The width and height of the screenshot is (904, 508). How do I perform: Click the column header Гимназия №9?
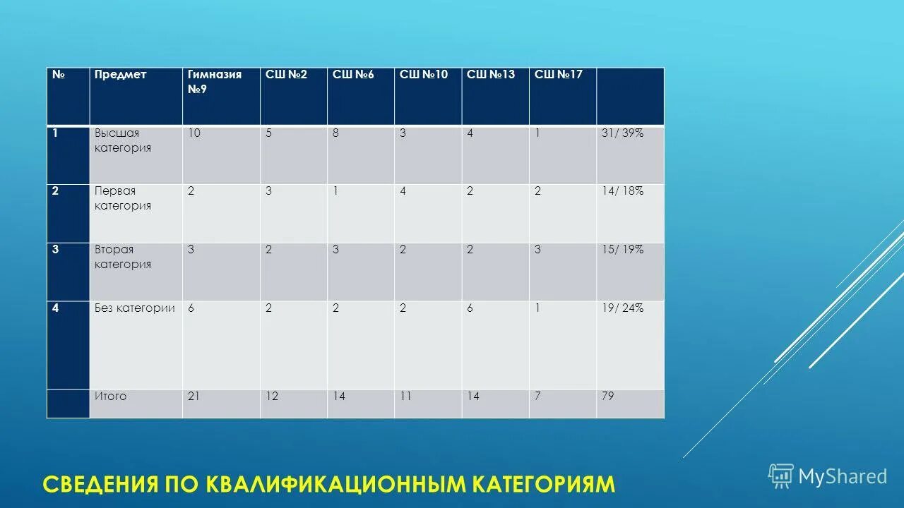pyautogui.click(x=215, y=82)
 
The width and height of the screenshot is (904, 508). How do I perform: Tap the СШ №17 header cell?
pyautogui.click(x=558, y=75)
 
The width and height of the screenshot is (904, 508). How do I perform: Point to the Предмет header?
pyautogui.click(x=121, y=75)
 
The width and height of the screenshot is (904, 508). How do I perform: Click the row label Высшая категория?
pyautogui.click(x=123, y=140)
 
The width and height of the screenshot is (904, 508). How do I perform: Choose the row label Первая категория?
pyautogui.click(x=123, y=198)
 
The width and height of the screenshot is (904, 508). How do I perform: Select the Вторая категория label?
pyautogui.click(x=123, y=257)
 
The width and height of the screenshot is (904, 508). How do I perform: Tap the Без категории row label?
pyautogui.click(x=135, y=308)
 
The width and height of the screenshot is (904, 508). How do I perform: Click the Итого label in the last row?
pyautogui.click(x=111, y=397)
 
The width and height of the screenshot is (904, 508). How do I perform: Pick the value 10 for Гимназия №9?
pyautogui.click(x=194, y=133)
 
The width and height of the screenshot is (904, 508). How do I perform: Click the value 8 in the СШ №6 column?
pyautogui.click(x=335, y=133)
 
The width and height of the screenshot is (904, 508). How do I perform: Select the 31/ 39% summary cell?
pyautogui.click(x=622, y=133)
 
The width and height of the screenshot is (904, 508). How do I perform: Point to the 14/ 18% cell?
pyautogui.click(x=622, y=190)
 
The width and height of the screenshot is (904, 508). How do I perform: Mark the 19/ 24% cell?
pyautogui.click(x=622, y=308)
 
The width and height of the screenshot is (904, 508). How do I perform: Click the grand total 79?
pyautogui.click(x=607, y=397)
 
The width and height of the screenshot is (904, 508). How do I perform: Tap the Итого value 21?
pyautogui.click(x=194, y=397)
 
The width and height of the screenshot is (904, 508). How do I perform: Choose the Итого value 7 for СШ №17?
pyautogui.click(x=537, y=397)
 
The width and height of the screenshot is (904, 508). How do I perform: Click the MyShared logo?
pyautogui.click(x=828, y=476)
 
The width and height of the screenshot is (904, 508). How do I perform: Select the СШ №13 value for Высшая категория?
pyautogui.click(x=470, y=133)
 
